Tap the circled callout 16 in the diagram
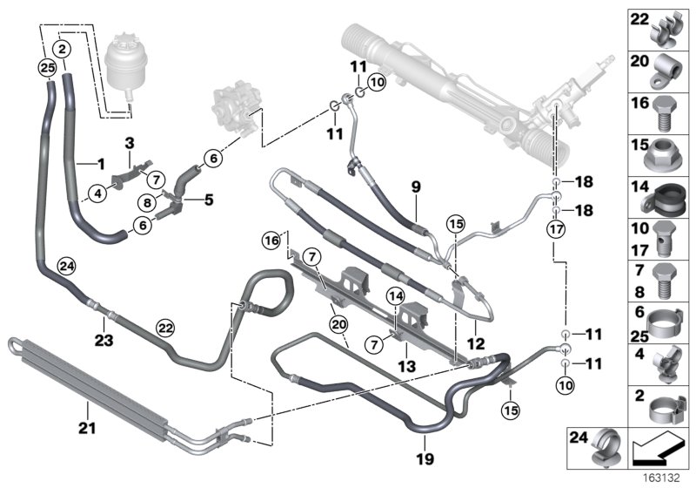271,239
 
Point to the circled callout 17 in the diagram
555,230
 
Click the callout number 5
209,199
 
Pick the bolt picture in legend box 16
668,112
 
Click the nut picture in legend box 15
668,155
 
